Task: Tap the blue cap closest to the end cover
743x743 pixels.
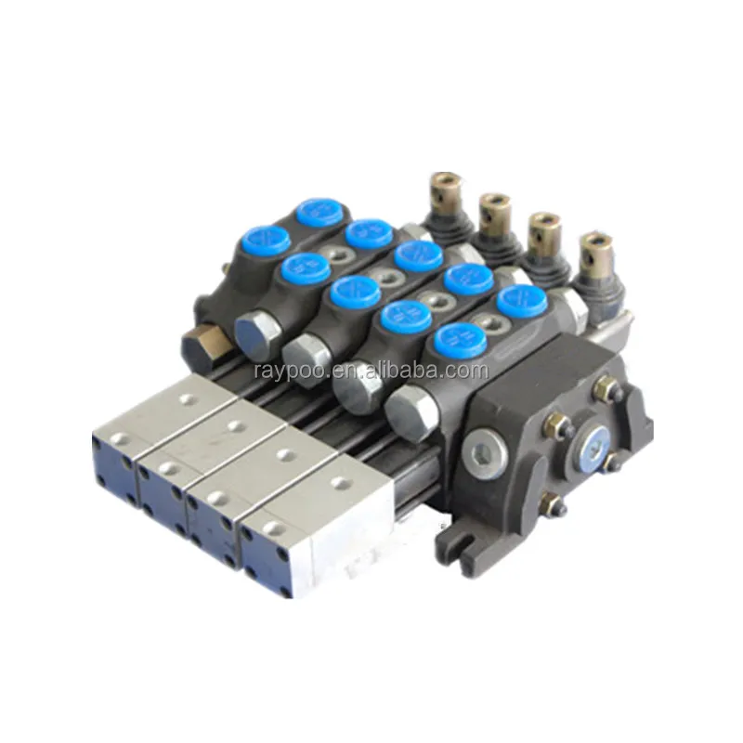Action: tap(519, 302)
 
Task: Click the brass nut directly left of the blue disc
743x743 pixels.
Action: tap(554, 426)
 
